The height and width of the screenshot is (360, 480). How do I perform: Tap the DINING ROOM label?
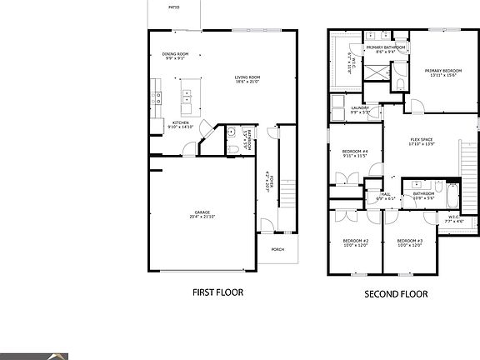(x=175, y=54)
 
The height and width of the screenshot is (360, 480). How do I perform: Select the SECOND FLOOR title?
(x=396, y=293)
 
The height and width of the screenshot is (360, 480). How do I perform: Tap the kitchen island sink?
(x=187, y=99)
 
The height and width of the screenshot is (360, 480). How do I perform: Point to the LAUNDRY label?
(x=360, y=107)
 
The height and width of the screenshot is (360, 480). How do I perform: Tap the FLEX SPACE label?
(x=421, y=139)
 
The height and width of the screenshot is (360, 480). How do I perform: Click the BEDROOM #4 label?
(x=354, y=151)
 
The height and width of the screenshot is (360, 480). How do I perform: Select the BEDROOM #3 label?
(x=407, y=241)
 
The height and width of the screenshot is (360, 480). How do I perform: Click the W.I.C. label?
(x=454, y=218)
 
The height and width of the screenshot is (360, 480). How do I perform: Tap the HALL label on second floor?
(x=385, y=194)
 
